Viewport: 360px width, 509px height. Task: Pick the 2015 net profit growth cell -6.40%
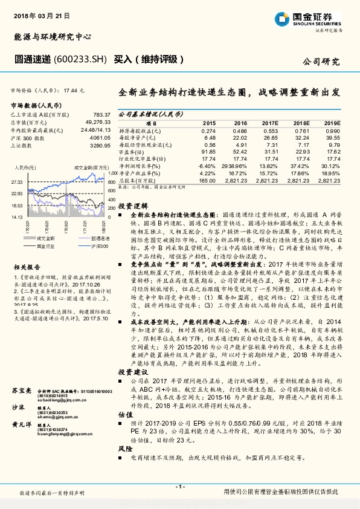[x=206, y=165]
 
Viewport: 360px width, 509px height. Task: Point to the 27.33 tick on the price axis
[x=17, y=181]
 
